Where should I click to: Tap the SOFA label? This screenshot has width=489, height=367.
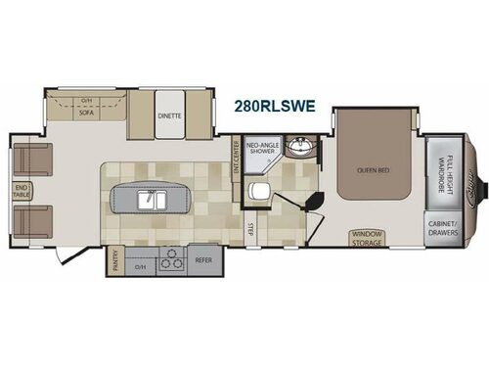coord(85,114)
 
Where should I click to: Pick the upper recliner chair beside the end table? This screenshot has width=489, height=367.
coord(32,157)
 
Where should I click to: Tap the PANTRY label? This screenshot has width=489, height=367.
coord(115,261)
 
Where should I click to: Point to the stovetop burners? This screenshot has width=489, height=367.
coord(171,261)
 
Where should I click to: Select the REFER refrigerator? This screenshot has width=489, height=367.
coord(204,261)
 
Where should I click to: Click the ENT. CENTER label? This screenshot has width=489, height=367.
coord(236,153)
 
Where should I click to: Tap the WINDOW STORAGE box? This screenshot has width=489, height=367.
coord(369,237)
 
